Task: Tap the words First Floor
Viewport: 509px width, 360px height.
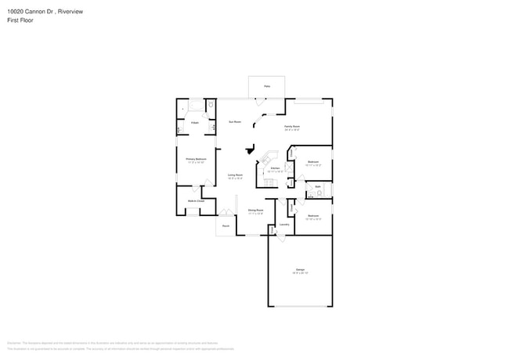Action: point(20,20)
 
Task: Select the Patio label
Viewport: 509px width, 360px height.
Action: point(266,85)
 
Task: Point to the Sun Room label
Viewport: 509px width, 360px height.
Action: point(233,122)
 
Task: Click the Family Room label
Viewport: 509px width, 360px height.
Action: point(291,125)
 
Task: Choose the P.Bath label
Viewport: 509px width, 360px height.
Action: point(194,122)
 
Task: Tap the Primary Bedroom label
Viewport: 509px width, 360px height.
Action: point(196,160)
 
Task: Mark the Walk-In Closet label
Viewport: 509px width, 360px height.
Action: point(196,201)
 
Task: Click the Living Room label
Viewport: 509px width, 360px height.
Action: point(234,175)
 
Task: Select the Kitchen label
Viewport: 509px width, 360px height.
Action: point(275,168)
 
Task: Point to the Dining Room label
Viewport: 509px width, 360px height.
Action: point(255,210)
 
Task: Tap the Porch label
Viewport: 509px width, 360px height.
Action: point(226,225)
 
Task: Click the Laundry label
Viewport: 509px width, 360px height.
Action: point(284,225)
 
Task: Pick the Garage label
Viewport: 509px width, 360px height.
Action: point(300,269)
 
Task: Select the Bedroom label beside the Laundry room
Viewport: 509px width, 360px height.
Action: point(312,215)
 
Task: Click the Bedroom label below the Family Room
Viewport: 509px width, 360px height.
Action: point(312,162)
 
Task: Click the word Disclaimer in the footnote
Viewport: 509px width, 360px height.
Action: point(13,343)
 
